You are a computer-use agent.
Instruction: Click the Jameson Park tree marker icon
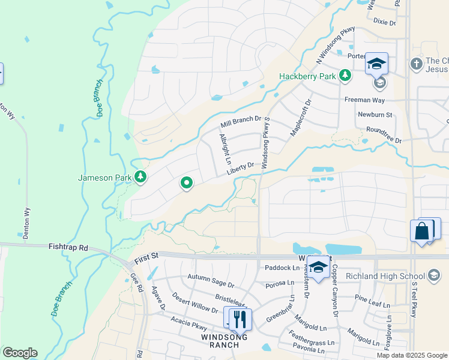(141, 176)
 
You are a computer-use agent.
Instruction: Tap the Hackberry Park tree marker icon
(345, 76)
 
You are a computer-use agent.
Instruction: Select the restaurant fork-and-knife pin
(238, 319)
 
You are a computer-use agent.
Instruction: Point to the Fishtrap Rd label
(68, 247)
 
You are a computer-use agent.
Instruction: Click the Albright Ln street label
(224, 149)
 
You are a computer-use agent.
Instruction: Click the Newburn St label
(375, 115)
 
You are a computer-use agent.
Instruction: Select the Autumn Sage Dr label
(211, 277)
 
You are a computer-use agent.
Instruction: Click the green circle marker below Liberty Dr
(187, 183)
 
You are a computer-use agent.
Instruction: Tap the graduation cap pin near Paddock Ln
(318, 266)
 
